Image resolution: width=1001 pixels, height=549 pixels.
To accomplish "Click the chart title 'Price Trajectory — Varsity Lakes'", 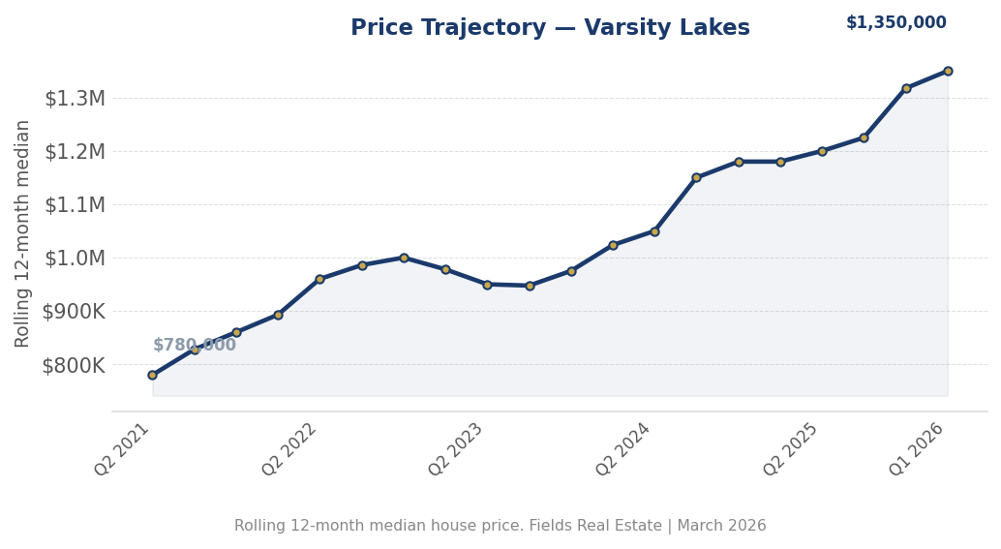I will [550, 28].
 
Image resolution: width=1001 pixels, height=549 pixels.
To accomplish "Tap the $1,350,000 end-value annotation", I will [895, 23].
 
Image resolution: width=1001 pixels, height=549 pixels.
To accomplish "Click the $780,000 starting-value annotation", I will [195, 346].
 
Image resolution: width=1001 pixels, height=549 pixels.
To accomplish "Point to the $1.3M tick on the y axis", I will [75, 99].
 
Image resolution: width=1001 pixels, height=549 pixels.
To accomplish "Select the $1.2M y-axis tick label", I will [75, 152].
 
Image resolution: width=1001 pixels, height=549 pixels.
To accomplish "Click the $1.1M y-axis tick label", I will [75, 205].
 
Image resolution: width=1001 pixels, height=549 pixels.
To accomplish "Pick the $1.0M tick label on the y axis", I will [75, 259].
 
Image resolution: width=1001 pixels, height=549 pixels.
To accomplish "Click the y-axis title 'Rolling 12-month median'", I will [23, 233].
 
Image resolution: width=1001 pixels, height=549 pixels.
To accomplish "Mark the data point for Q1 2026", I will [948, 71].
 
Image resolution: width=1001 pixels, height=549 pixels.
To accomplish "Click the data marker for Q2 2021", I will [152, 375].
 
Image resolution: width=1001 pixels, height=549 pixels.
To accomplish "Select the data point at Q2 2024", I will [654, 231].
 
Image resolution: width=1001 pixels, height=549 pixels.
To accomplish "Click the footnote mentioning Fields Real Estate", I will [500, 526].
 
